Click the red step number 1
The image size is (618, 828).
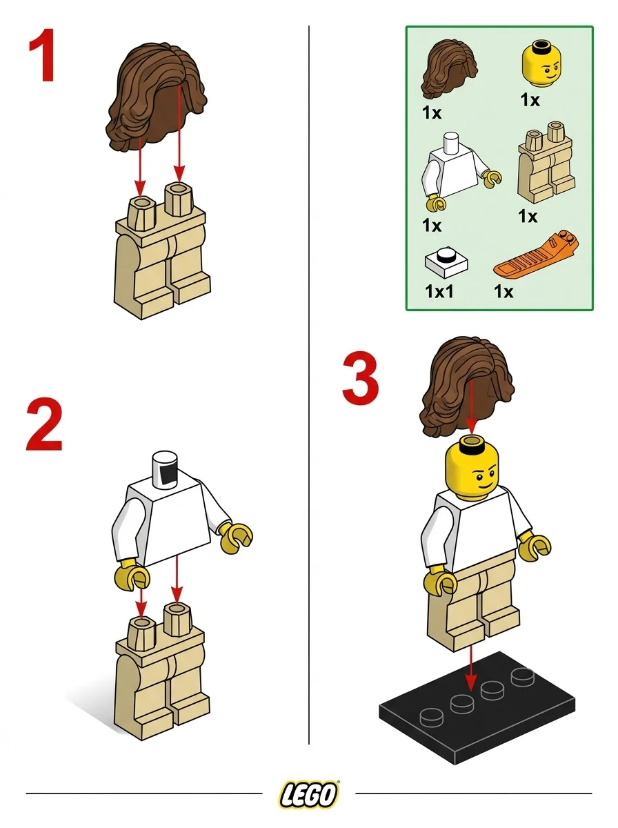tap(43, 59)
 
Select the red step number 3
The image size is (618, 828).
tap(361, 379)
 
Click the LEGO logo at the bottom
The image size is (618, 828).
tap(309, 794)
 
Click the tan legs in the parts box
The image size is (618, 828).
tap(547, 163)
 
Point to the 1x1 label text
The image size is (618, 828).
tap(439, 291)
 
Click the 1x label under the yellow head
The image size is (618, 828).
tap(530, 101)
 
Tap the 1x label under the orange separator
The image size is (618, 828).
tap(504, 291)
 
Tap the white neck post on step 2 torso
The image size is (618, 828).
tap(166, 469)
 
